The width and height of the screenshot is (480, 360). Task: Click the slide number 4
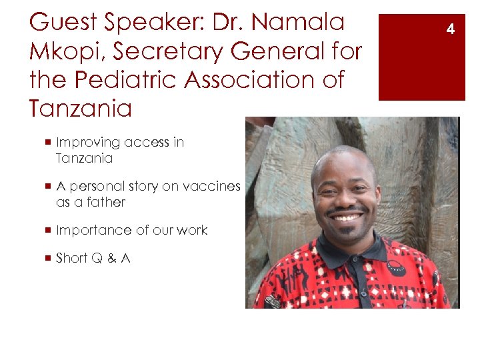451,29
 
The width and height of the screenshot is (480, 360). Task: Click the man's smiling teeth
347,217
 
